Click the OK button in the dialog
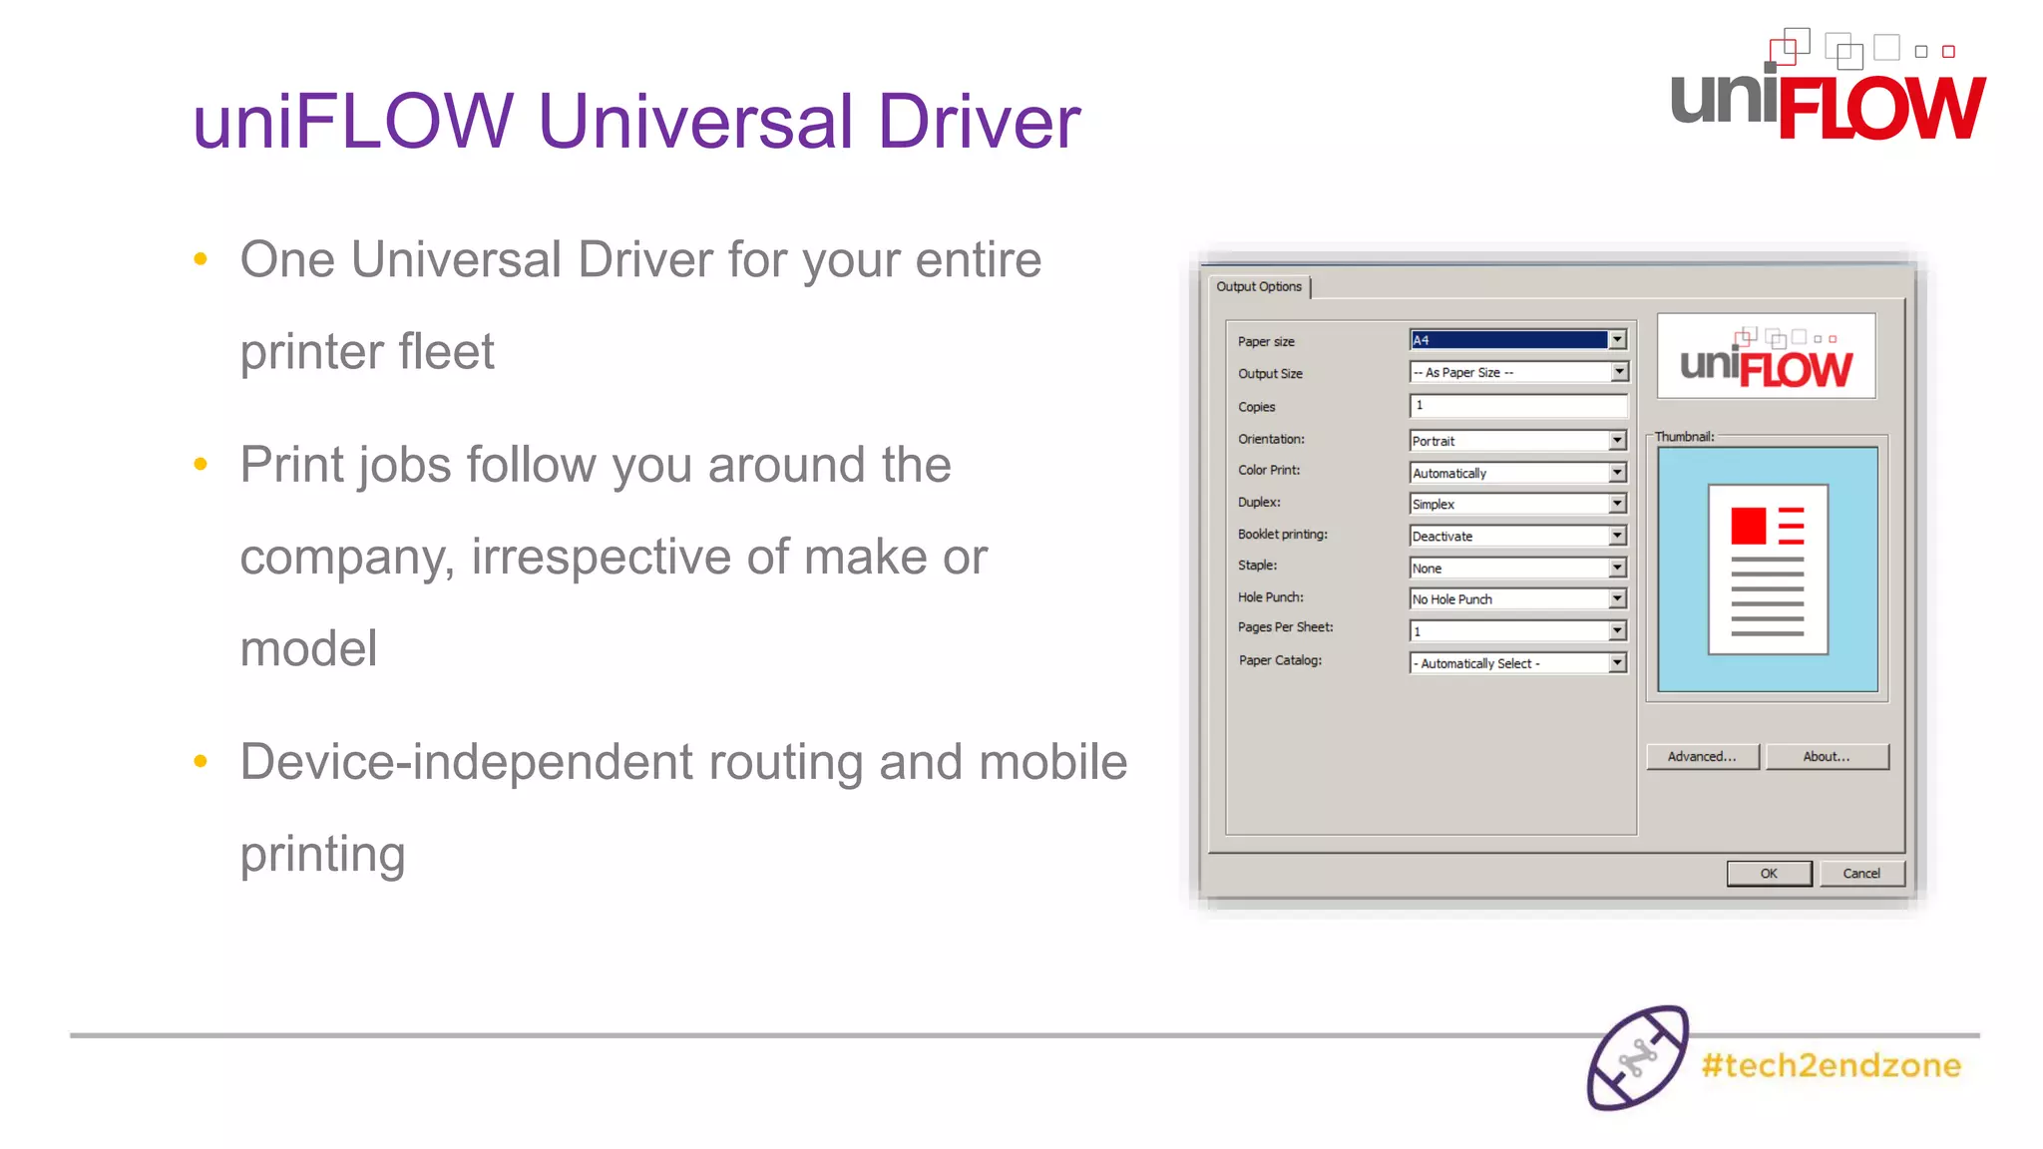coord(1769,874)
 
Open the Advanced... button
coord(1702,757)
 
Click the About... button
coord(1827,757)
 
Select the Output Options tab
coord(1259,287)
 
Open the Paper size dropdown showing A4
coord(1517,340)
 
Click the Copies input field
coord(1517,406)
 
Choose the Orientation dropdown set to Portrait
coord(1517,441)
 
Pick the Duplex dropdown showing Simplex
coord(1517,505)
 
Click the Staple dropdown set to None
coord(1517,569)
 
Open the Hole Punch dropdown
coord(1517,599)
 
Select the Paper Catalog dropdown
coord(1517,663)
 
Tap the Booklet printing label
coord(1283,535)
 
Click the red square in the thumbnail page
coord(1748,526)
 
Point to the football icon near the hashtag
coord(1637,1058)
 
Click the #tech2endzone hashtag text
coord(1832,1066)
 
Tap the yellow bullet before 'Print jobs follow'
coord(201,464)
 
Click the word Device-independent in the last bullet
coord(466,763)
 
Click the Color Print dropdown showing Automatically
coord(1517,473)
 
